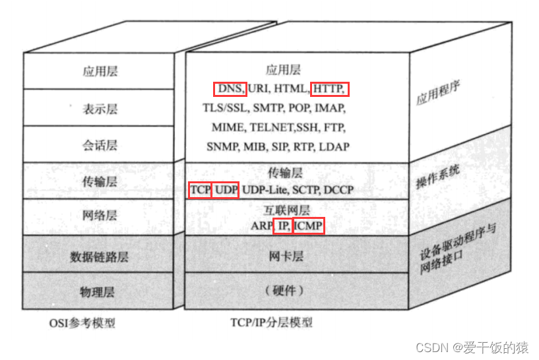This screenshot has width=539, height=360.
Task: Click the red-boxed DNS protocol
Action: (x=229, y=88)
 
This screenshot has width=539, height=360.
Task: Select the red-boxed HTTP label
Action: (x=329, y=88)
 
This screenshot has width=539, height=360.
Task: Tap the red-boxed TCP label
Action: (x=200, y=190)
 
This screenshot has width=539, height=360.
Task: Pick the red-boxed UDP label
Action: (x=226, y=190)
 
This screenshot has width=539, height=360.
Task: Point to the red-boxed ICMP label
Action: (x=309, y=225)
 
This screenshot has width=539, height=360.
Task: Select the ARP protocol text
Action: (x=261, y=225)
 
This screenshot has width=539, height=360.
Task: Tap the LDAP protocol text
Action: (x=334, y=146)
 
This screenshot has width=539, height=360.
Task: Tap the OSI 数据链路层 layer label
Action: (x=99, y=256)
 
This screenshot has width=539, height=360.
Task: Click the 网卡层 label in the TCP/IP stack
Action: (x=284, y=256)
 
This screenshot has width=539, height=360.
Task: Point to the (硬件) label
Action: (x=284, y=291)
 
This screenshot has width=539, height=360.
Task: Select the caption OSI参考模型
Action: (x=82, y=323)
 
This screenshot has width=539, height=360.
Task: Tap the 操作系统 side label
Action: (x=438, y=179)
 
